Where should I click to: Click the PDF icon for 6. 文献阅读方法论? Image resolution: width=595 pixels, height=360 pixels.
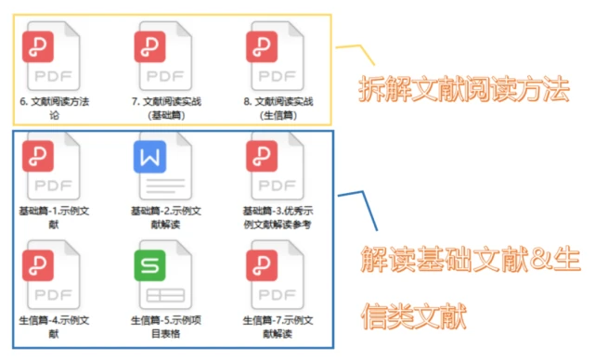tap(54, 58)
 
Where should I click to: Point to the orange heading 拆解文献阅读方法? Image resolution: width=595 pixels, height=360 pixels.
tap(463, 89)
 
